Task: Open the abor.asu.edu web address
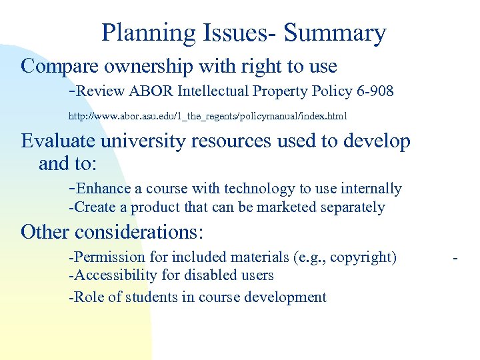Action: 207,117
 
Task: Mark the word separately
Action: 353,207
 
